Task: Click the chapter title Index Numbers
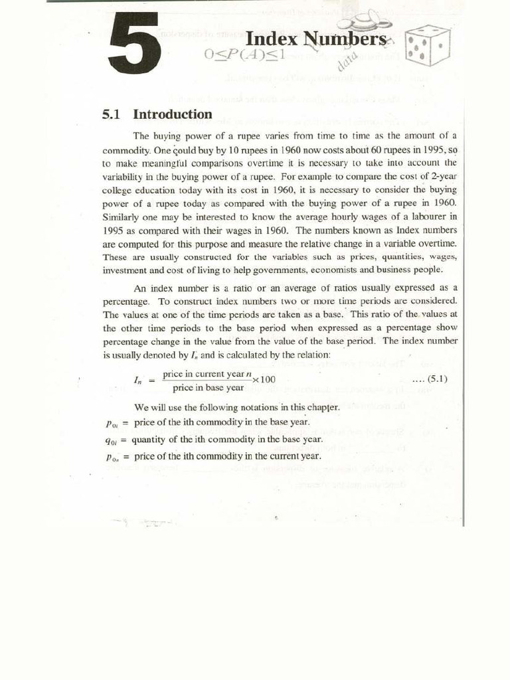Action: (x=315, y=39)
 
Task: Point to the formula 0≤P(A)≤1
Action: (x=244, y=55)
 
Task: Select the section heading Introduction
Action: (x=173, y=114)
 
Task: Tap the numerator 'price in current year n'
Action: (x=205, y=374)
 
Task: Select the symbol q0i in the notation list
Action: (x=111, y=440)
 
